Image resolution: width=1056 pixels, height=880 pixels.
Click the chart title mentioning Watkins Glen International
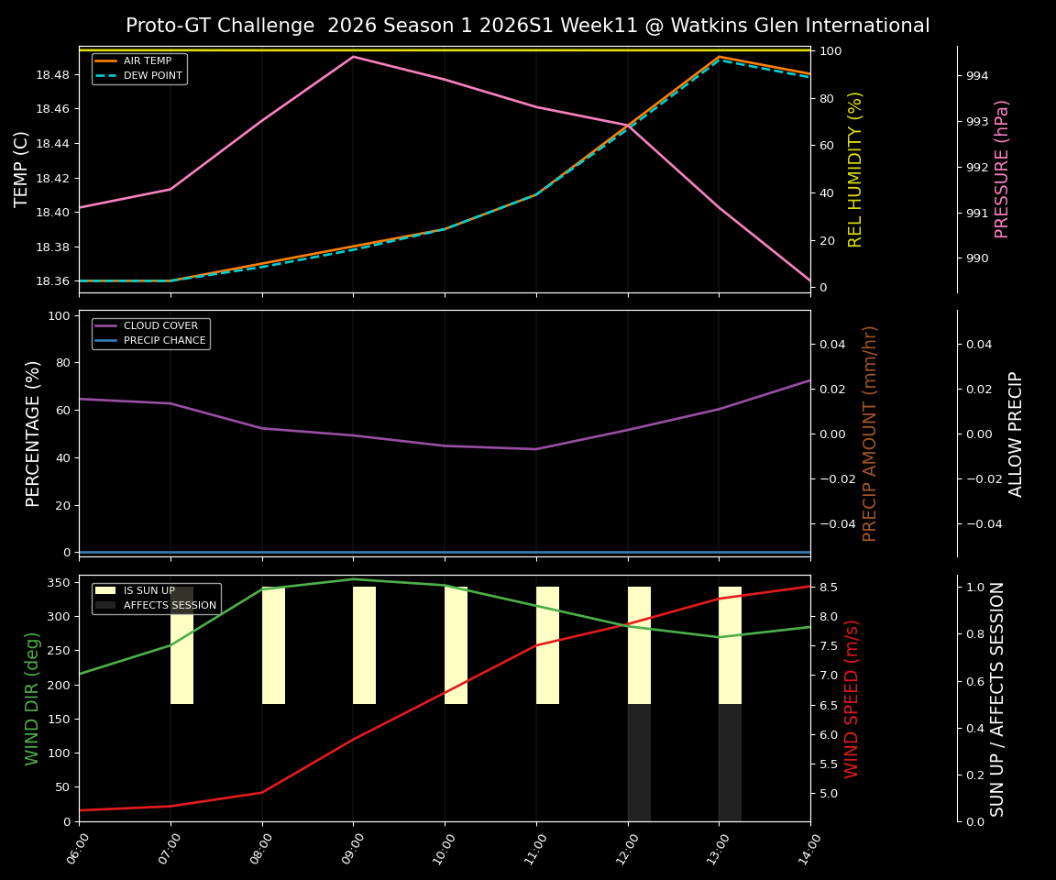(x=527, y=26)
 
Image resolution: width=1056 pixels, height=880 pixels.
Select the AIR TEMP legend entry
(x=147, y=61)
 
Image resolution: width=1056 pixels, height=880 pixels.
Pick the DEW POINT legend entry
(x=152, y=75)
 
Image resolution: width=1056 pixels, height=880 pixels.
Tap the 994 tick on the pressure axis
(x=976, y=75)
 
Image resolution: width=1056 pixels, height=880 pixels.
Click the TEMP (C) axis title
(x=21, y=169)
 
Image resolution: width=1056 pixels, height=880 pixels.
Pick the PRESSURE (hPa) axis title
(x=1002, y=169)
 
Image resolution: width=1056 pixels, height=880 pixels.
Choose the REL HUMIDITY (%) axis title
(x=855, y=169)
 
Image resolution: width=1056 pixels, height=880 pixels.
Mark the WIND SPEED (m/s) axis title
(x=852, y=698)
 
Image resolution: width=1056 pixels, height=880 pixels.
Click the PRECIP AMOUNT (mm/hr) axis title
(x=870, y=433)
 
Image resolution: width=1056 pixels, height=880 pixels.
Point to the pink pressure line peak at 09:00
(x=353, y=57)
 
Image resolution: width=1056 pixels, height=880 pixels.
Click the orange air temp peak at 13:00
(x=719, y=57)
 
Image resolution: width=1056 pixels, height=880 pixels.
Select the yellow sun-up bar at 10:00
(x=456, y=645)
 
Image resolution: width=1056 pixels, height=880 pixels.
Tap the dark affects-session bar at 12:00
(x=639, y=763)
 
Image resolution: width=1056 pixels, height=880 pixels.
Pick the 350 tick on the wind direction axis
(x=59, y=582)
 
